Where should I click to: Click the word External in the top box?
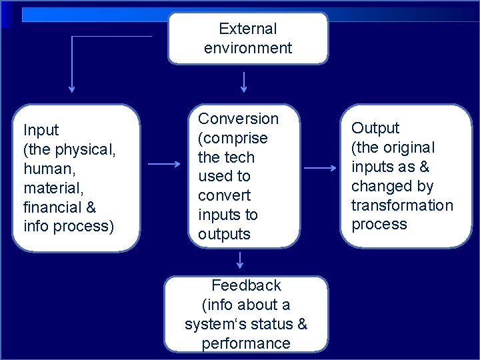pyautogui.click(x=247, y=29)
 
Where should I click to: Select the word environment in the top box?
pyautogui.click(x=247, y=48)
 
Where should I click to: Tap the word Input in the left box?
pyautogui.click(x=41, y=129)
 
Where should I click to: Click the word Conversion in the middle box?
pyautogui.click(x=239, y=119)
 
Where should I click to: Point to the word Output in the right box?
pyautogui.click(x=375, y=128)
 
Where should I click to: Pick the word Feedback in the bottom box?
pyautogui.click(x=246, y=285)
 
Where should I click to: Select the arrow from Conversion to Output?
pyautogui.click(x=315, y=169)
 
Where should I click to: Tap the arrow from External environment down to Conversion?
pyautogui.click(x=245, y=81)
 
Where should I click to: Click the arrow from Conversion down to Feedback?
pyautogui.click(x=240, y=262)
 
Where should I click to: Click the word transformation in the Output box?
pyautogui.click(x=402, y=205)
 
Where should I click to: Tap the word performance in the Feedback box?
pyautogui.click(x=246, y=343)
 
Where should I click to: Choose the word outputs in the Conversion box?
pyautogui.click(x=224, y=235)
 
